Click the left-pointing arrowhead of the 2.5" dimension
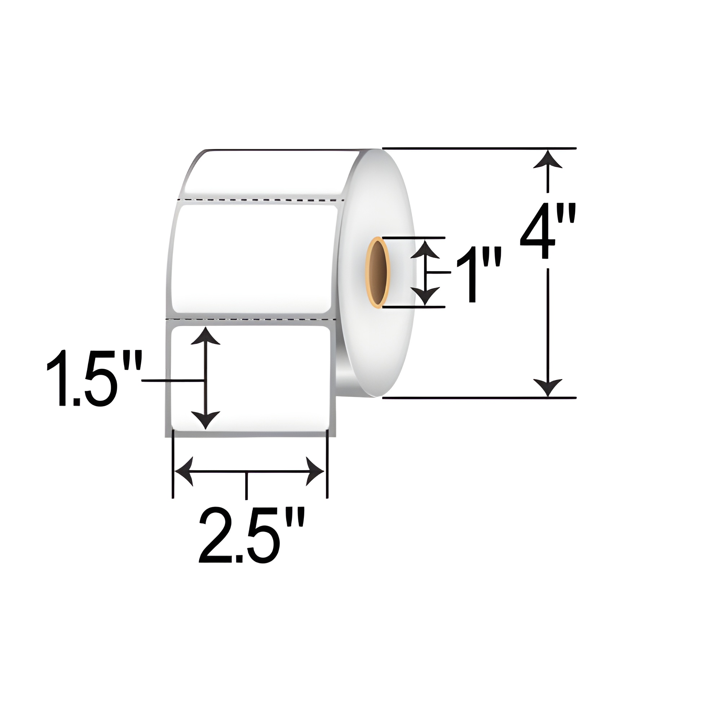pyautogui.click(x=185, y=471)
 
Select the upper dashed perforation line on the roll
pyautogui.click(x=261, y=200)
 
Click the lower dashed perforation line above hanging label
pyautogui.click(x=254, y=320)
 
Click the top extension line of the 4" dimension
pyautogui.click(x=479, y=149)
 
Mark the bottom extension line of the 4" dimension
pyautogui.click(x=479, y=398)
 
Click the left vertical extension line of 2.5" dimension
pyautogui.click(x=172, y=465)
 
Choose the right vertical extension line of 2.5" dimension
pyautogui.click(x=327, y=465)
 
